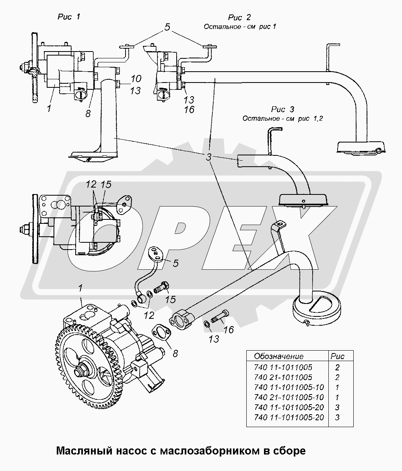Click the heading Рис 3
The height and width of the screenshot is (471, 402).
[283, 109]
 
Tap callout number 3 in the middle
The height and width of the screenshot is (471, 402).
[208, 157]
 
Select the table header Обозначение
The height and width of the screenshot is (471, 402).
[278, 356]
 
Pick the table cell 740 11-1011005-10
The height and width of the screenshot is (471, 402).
[289, 387]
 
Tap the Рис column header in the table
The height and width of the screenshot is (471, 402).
[337, 356]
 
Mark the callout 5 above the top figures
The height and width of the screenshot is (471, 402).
[167, 28]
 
